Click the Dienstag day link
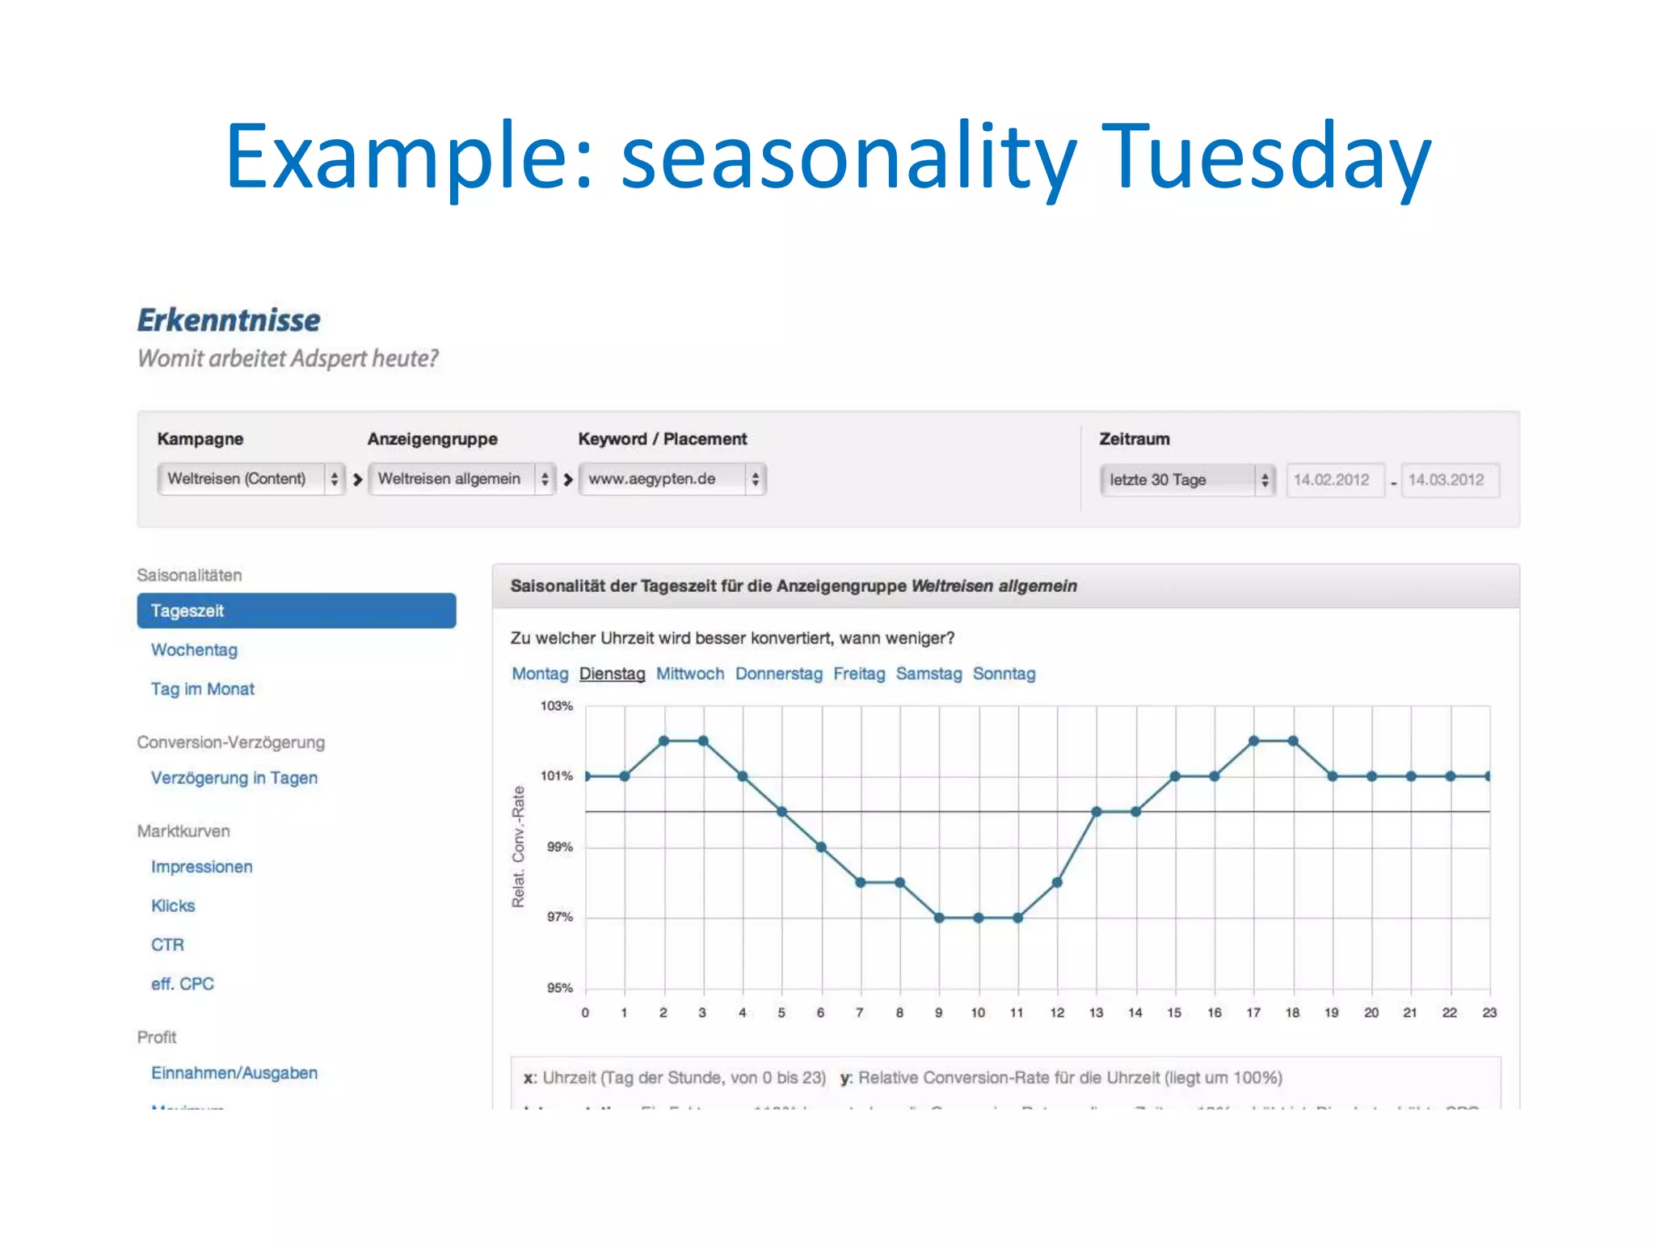pyautogui.click(x=612, y=674)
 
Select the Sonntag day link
pyautogui.click(x=1004, y=674)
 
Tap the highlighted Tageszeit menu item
pyautogui.click(x=296, y=610)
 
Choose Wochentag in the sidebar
pyautogui.click(x=194, y=650)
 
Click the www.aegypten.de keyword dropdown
pyautogui.click(x=672, y=479)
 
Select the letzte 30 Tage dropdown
pyautogui.click(x=1186, y=479)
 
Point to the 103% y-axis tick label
pyautogui.click(x=556, y=706)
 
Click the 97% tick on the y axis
pyautogui.click(x=559, y=917)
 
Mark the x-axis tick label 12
pyautogui.click(x=1057, y=1012)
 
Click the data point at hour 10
pyautogui.click(x=979, y=918)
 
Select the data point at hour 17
pyautogui.click(x=1253, y=741)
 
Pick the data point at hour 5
pyautogui.click(x=781, y=811)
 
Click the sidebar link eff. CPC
pyautogui.click(x=182, y=984)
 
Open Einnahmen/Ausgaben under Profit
pyautogui.click(x=234, y=1073)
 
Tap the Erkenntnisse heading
pyautogui.click(x=229, y=320)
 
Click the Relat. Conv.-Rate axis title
pyautogui.click(x=518, y=847)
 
